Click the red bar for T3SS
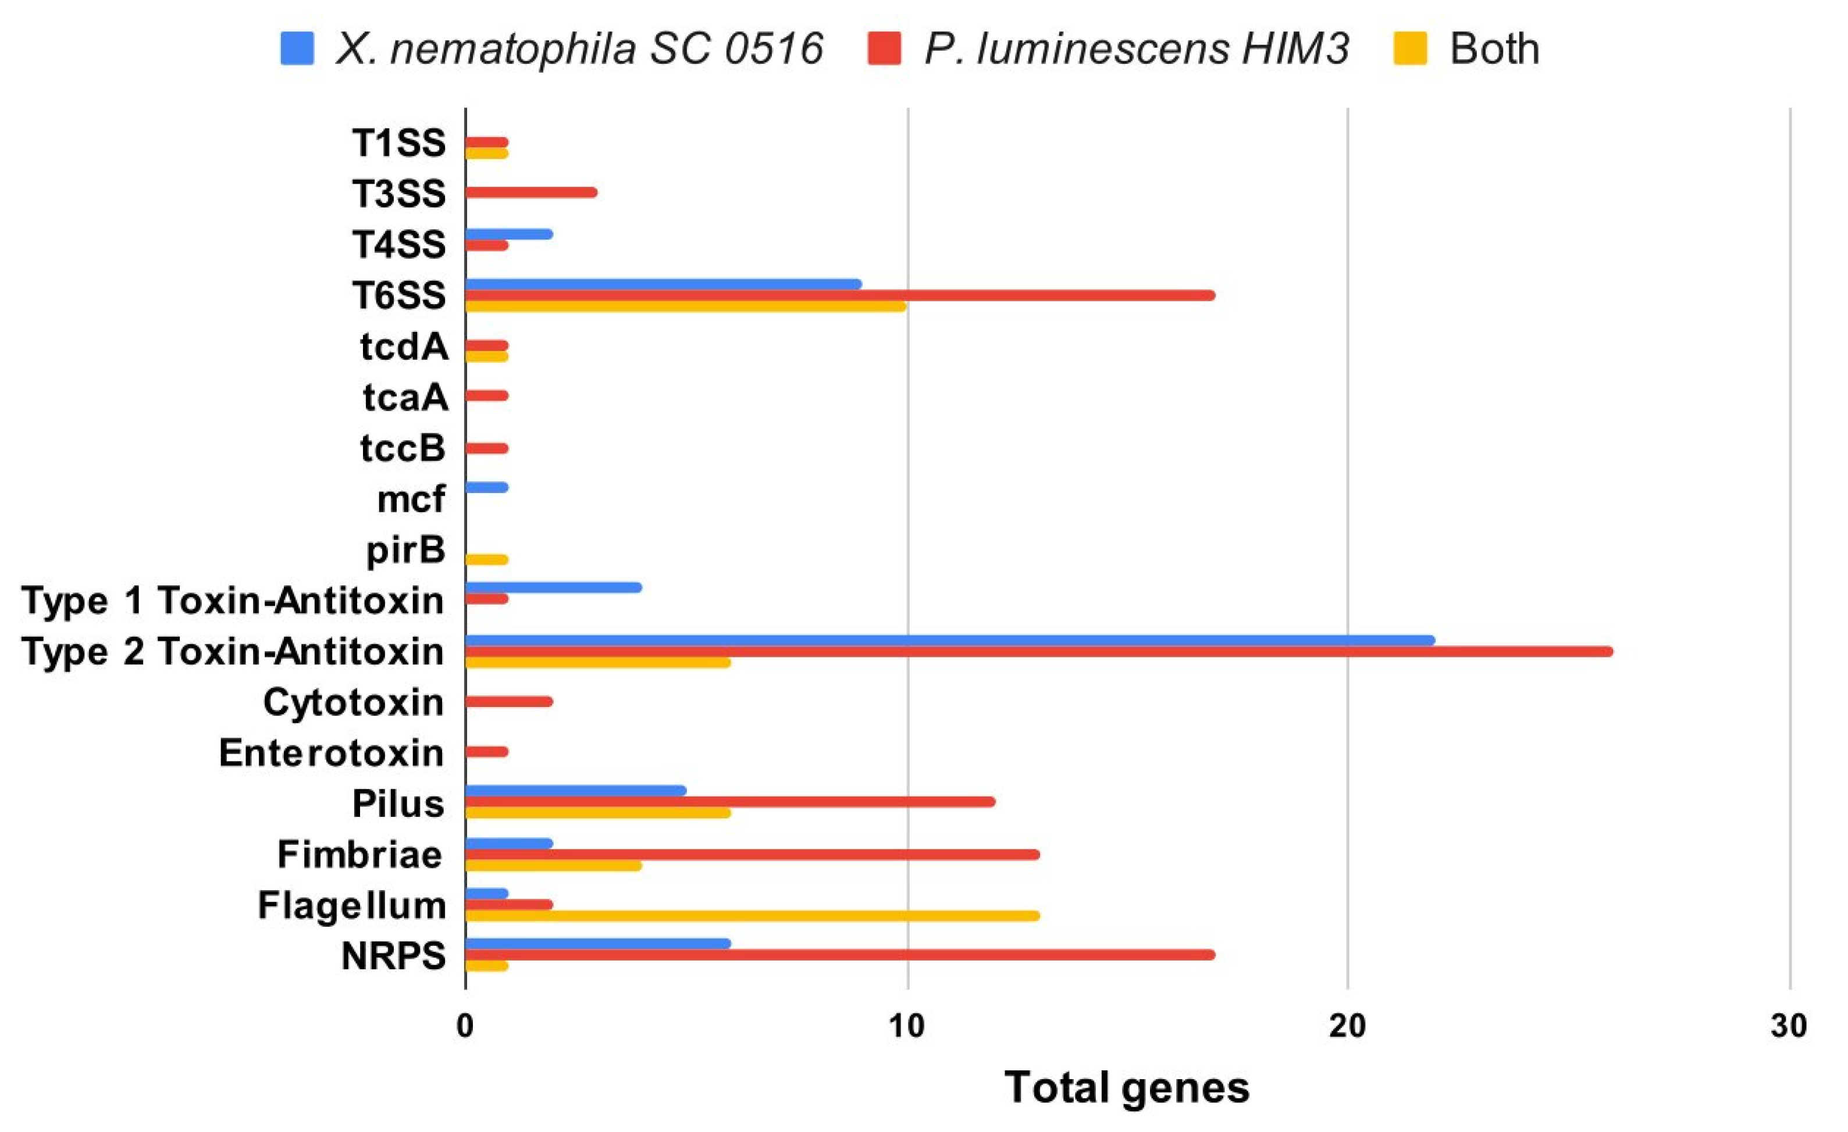tap(531, 192)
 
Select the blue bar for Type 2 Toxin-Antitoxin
tap(949, 640)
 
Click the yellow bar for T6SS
tap(685, 306)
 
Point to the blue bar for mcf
tap(487, 487)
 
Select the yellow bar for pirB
tap(487, 559)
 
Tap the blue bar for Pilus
tap(575, 791)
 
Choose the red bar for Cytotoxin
tap(508, 702)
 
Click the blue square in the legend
tap(297, 49)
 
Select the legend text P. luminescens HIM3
tap(1136, 49)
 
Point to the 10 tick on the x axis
tap(907, 1026)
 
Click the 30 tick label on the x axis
tap(1789, 1026)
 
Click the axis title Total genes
tap(1127, 1087)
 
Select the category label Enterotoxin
tap(331, 753)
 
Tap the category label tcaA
tap(405, 397)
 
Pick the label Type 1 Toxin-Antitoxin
tap(233, 600)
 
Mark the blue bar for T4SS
tap(508, 234)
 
